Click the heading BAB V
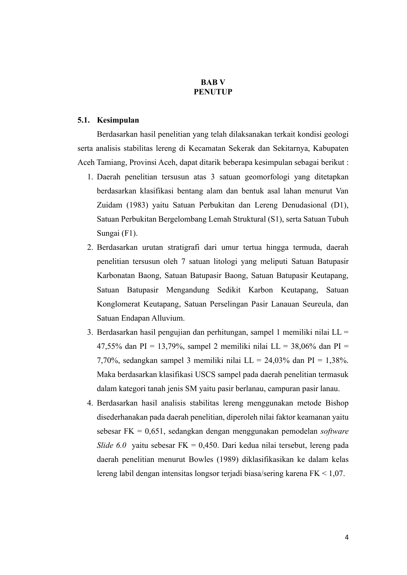pyautogui.click(x=213, y=82)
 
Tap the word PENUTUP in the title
pyautogui.click(x=213, y=92)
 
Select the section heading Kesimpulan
pyautogui.click(x=118, y=120)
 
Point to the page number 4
pyautogui.click(x=347, y=537)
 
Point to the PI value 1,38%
pyautogui.click(x=337, y=361)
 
